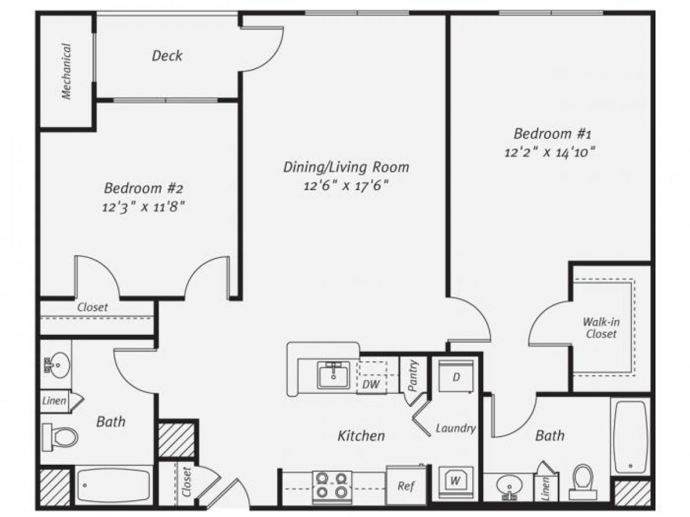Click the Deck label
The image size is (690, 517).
coord(167,56)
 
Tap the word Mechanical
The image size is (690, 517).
coord(67,72)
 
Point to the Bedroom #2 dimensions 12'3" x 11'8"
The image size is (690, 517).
coord(143,206)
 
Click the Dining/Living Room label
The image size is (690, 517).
coord(346,167)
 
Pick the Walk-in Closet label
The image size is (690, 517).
coord(600,327)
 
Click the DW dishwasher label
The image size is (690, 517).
coord(371,384)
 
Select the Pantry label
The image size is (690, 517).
coord(413,377)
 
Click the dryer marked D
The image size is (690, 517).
coord(456,376)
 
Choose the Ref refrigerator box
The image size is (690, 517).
coord(406,485)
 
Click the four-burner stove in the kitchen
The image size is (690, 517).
coord(332,485)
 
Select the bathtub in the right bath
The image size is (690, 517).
coord(631,437)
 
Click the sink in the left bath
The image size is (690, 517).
coord(56,364)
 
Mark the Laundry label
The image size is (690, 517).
coord(455,428)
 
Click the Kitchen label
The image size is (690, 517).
coord(361,435)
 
